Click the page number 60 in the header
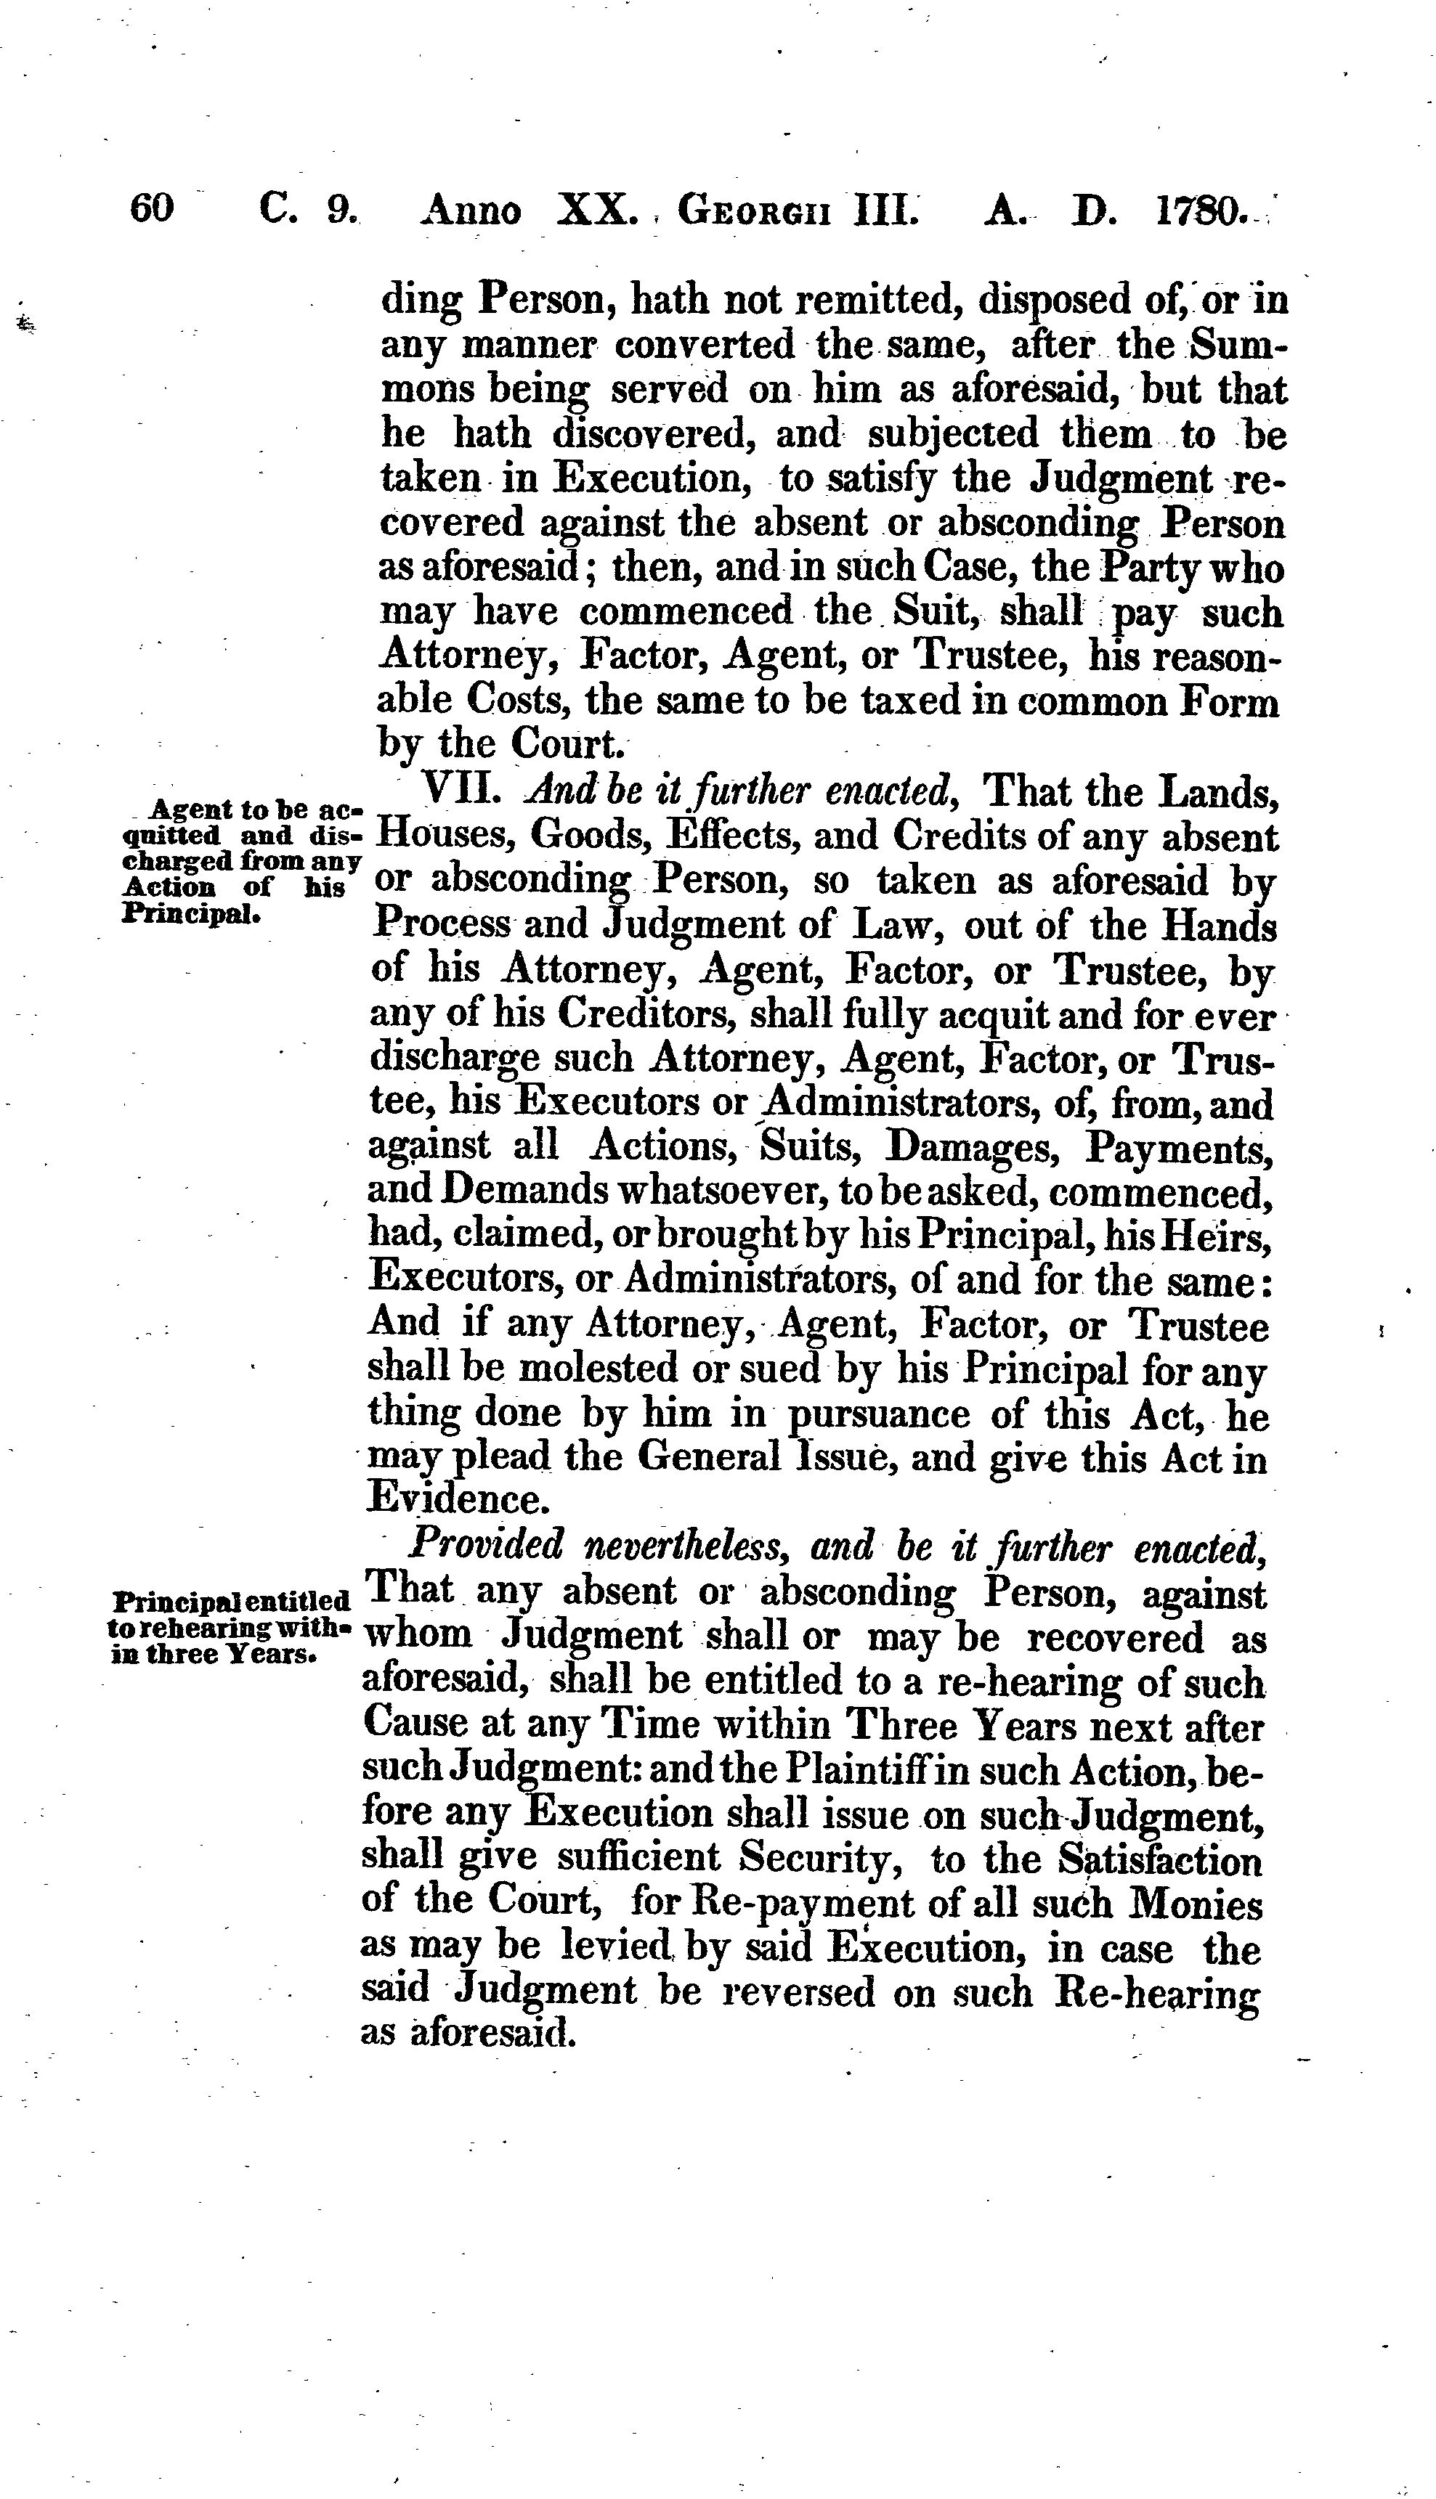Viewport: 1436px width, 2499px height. point(152,209)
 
